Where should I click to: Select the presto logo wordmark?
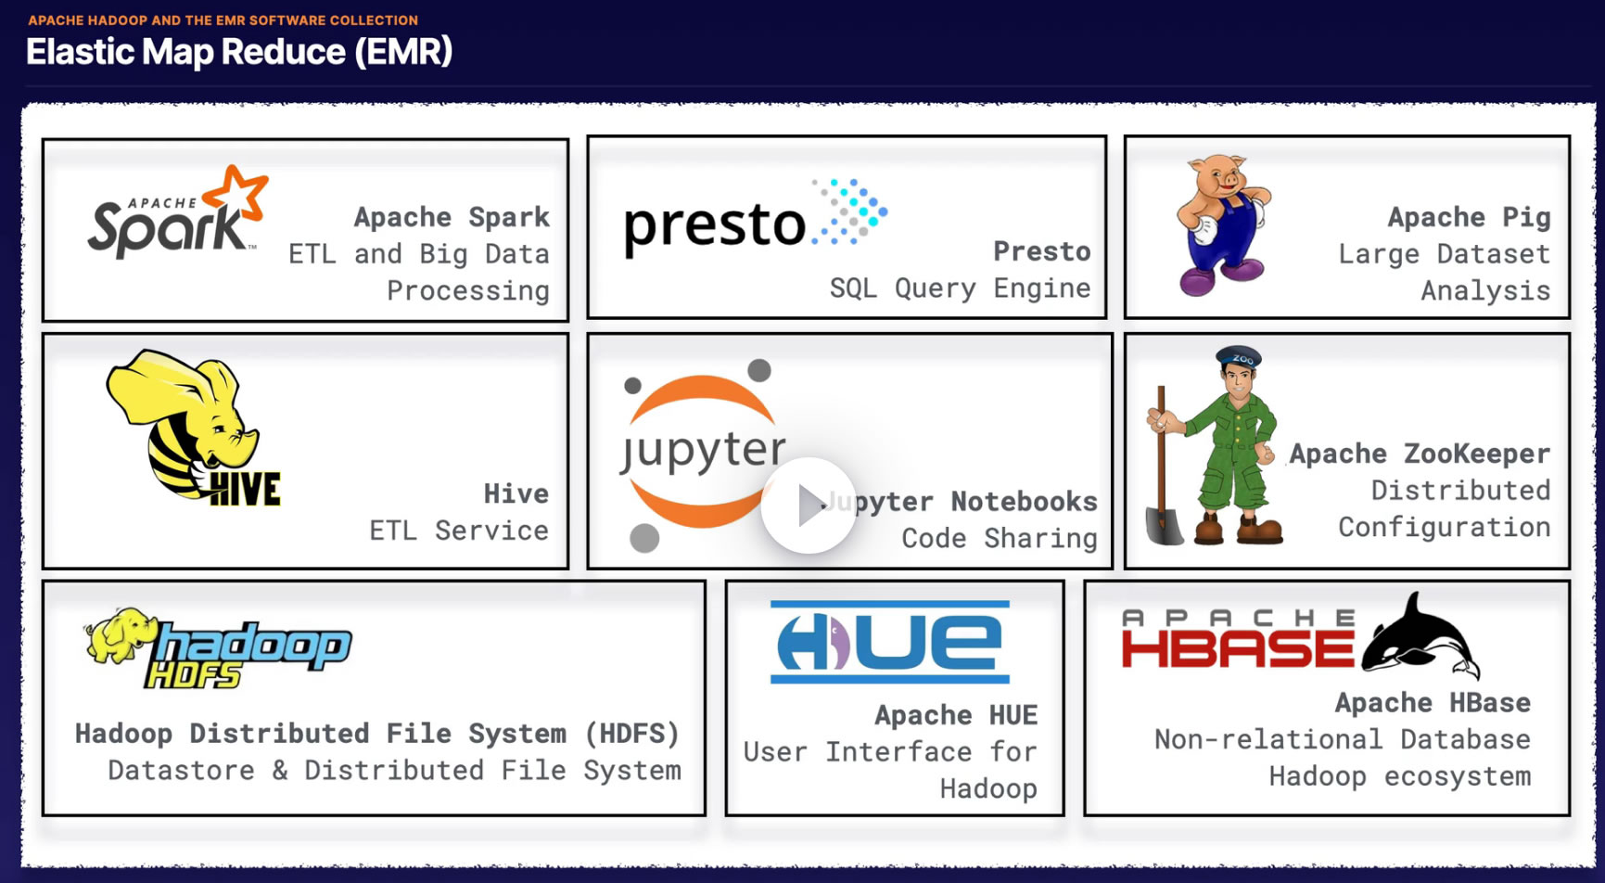click(x=715, y=225)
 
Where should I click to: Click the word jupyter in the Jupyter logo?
click(x=703, y=451)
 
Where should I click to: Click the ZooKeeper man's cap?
click(x=1240, y=356)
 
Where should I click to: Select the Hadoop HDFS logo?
click(x=219, y=649)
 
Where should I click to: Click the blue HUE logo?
click(x=890, y=642)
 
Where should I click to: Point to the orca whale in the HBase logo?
click(x=1419, y=638)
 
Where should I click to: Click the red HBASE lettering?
click(x=1238, y=649)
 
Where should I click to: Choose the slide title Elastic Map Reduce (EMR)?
click(x=239, y=52)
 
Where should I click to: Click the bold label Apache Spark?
click(x=452, y=217)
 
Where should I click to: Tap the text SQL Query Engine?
click(x=960, y=288)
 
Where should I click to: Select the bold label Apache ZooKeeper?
click(x=1420, y=454)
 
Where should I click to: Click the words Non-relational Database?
click(x=1342, y=739)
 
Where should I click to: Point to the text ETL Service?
click(x=459, y=531)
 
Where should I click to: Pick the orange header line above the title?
click(x=223, y=19)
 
